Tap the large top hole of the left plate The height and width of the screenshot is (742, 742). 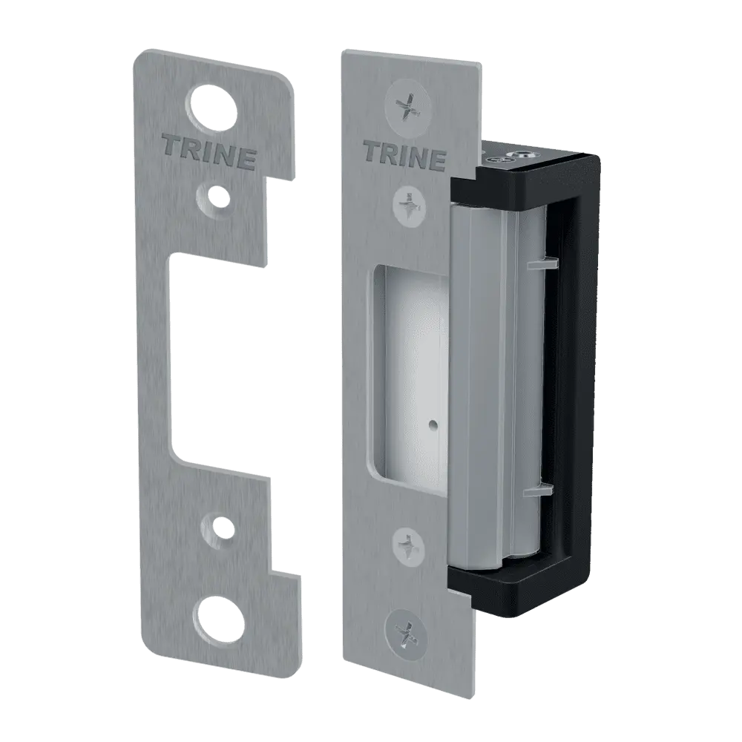coord(211,108)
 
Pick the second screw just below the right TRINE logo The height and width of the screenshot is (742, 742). coord(410,199)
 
